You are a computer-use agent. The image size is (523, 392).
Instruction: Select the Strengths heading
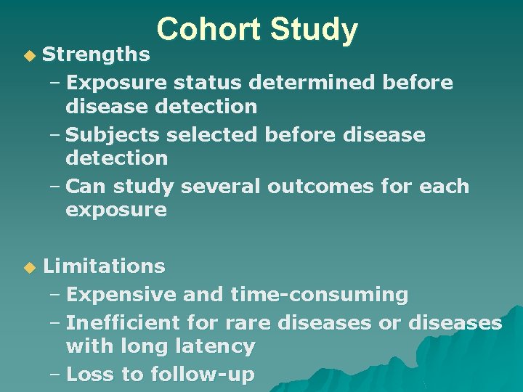pyautogui.click(x=97, y=54)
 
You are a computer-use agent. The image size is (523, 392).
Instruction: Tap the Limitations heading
pyautogui.click(x=104, y=266)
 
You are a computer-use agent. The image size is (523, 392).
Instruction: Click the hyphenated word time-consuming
pyautogui.click(x=319, y=295)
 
